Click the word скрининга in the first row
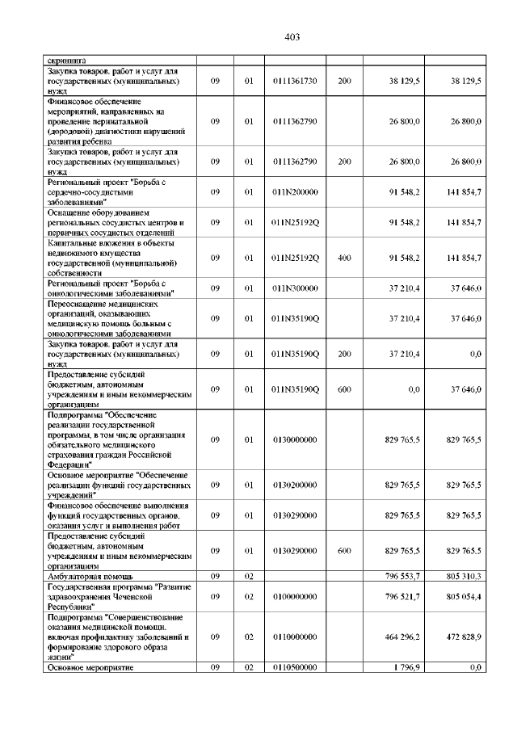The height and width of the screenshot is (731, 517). [x=67, y=60]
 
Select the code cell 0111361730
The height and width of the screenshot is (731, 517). [x=295, y=81]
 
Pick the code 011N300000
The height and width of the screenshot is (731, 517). [x=295, y=288]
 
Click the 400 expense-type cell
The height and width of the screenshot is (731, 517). [x=344, y=258]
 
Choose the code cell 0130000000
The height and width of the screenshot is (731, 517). [x=295, y=440]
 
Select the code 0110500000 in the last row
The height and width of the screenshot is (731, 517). [x=295, y=668]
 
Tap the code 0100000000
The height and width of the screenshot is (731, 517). [x=295, y=597]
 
